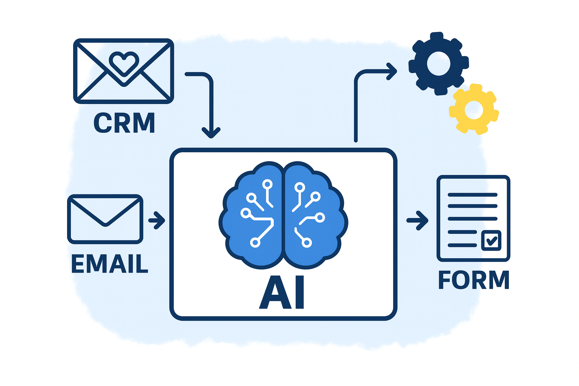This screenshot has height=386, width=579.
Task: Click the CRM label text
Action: [124, 123]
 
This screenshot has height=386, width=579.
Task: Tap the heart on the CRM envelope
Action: [124, 63]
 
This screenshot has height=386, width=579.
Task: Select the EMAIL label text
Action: [109, 263]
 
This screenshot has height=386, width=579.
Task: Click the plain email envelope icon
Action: [105, 219]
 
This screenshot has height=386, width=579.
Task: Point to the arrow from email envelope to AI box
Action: [157, 221]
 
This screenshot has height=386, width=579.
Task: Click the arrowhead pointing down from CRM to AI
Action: [211, 133]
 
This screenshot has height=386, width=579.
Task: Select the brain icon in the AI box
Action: [283, 215]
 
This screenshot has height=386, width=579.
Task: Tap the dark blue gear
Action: [438, 63]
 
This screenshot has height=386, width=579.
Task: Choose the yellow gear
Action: [474, 110]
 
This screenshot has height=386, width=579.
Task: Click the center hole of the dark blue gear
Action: [438, 63]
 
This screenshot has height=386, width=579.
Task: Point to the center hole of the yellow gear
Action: [474, 110]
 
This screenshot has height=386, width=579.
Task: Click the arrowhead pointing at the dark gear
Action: [392, 71]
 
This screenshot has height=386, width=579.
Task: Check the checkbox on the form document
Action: [492, 240]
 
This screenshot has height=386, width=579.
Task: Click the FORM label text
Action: [473, 280]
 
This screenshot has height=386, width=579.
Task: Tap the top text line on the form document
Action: [472, 195]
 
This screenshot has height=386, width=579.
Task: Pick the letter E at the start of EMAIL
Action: [78, 263]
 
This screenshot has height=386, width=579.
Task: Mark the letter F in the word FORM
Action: [445, 280]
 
